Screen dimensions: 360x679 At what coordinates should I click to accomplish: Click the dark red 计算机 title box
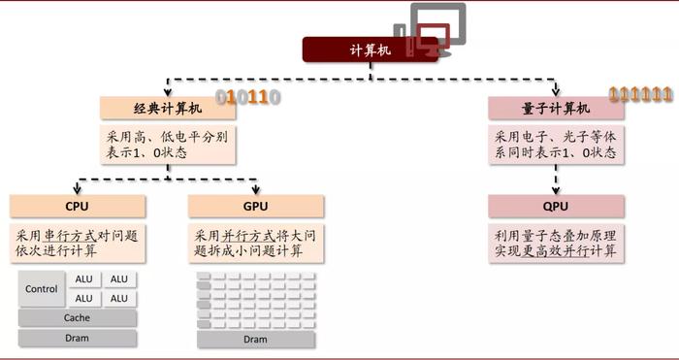point(369,49)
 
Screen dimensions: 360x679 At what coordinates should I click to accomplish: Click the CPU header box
point(78,206)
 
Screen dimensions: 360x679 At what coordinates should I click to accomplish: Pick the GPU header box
point(254,206)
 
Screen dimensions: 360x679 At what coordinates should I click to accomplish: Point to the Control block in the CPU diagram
point(42,288)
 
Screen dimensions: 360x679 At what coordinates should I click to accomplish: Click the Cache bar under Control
point(78,318)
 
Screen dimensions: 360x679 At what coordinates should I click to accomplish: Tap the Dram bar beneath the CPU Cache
point(78,339)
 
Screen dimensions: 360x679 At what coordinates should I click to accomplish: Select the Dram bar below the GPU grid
point(255,339)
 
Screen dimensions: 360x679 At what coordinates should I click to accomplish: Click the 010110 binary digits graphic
point(247,97)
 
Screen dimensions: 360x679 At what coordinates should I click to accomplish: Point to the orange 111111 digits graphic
point(640,94)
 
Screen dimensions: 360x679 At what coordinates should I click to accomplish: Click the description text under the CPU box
point(78,243)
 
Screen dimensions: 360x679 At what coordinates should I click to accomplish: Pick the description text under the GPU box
point(254,243)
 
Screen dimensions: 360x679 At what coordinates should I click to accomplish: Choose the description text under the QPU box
point(556,243)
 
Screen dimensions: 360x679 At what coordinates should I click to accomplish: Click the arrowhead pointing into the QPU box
point(556,191)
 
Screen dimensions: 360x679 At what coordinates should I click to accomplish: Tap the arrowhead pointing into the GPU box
point(255,191)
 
